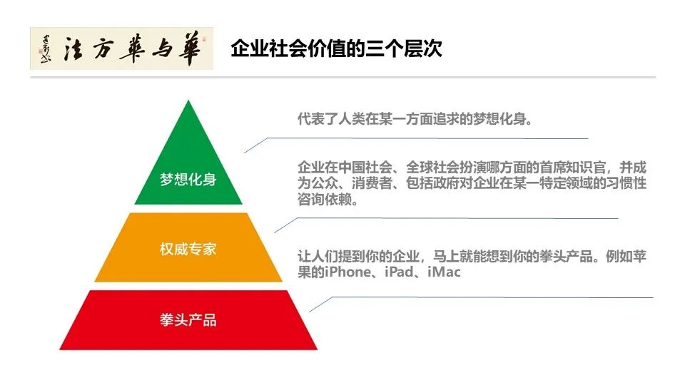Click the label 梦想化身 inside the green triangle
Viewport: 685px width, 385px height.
[188, 179]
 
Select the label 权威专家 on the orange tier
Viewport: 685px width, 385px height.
[188, 249]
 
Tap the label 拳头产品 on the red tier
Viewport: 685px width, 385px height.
[188, 319]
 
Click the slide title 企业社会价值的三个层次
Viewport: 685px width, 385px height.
[336, 49]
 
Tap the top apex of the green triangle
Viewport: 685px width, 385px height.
[188, 102]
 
